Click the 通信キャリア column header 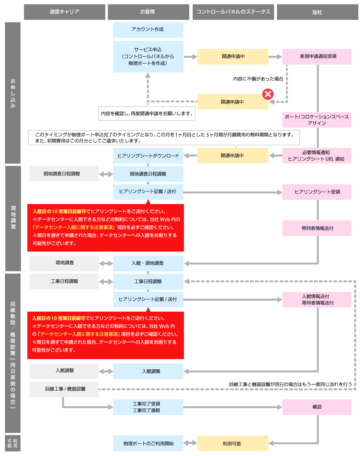(64, 12)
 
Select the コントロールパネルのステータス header (233, 12)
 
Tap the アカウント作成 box (148, 30)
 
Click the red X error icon (268, 94)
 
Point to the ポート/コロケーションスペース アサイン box (317, 120)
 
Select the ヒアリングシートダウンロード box (148, 155)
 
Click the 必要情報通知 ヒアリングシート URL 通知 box (317, 155)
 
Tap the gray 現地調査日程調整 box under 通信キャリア (64, 174)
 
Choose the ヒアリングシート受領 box (317, 192)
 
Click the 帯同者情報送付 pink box (317, 228)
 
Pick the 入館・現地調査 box (148, 263)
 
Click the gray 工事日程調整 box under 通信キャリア (64, 281)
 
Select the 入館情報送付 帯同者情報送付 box (317, 299)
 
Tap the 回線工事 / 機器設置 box (64, 389)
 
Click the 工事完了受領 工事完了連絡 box (148, 407)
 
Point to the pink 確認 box (317, 407)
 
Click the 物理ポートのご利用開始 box (148, 443)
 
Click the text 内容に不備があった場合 (258, 79)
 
